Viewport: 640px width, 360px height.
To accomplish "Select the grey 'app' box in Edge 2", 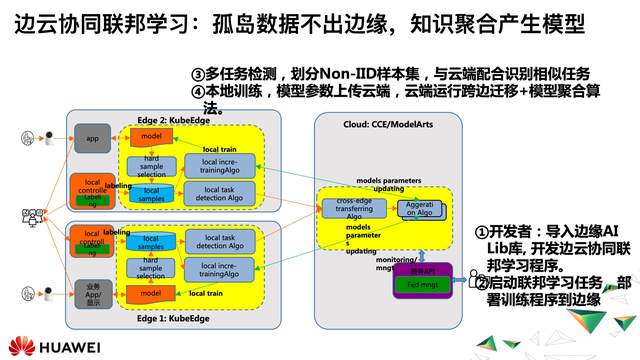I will point(92,138).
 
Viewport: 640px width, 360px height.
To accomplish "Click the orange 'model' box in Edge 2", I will point(151,135).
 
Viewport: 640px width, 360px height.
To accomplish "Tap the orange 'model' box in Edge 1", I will point(151,292).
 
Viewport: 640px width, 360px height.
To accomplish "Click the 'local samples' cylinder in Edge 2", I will point(151,194).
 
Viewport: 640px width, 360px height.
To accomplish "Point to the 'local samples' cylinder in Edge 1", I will point(151,240).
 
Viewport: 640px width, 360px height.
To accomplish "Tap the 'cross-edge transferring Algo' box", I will point(347,209).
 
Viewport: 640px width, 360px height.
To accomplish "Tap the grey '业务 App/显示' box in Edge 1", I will point(92,293).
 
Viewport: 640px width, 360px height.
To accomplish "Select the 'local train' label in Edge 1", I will point(205,292).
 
